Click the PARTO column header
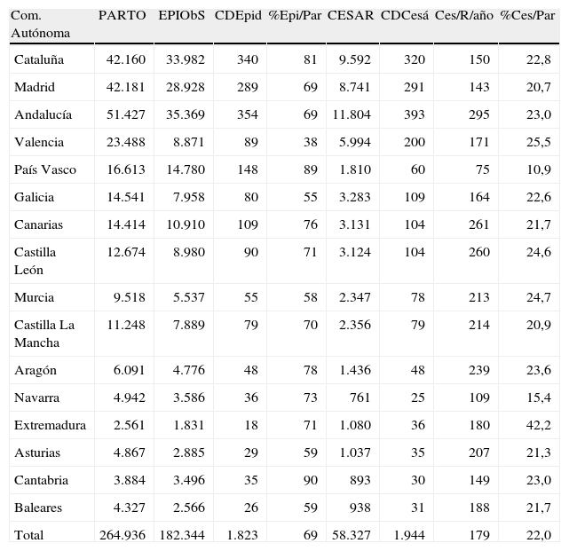pyautogui.click(x=122, y=16)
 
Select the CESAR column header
pyautogui.click(x=350, y=16)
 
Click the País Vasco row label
pyautogui.click(x=45, y=169)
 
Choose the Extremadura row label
pyautogui.click(x=50, y=425)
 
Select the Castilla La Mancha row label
pyautogui.click(x=44, y=333)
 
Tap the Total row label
pyautogui.click(x=28, y=534)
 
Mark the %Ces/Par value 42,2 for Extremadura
pyautogui.click(x=538, y=425)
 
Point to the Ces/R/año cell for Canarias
pyautogui.click(x=478, y=224)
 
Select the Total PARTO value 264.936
pyautogui.click(x=123, y=534)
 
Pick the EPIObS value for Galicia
pyautogui.click(x=188, y=197)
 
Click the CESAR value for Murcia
pyautogui.click(x=356, y=297)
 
